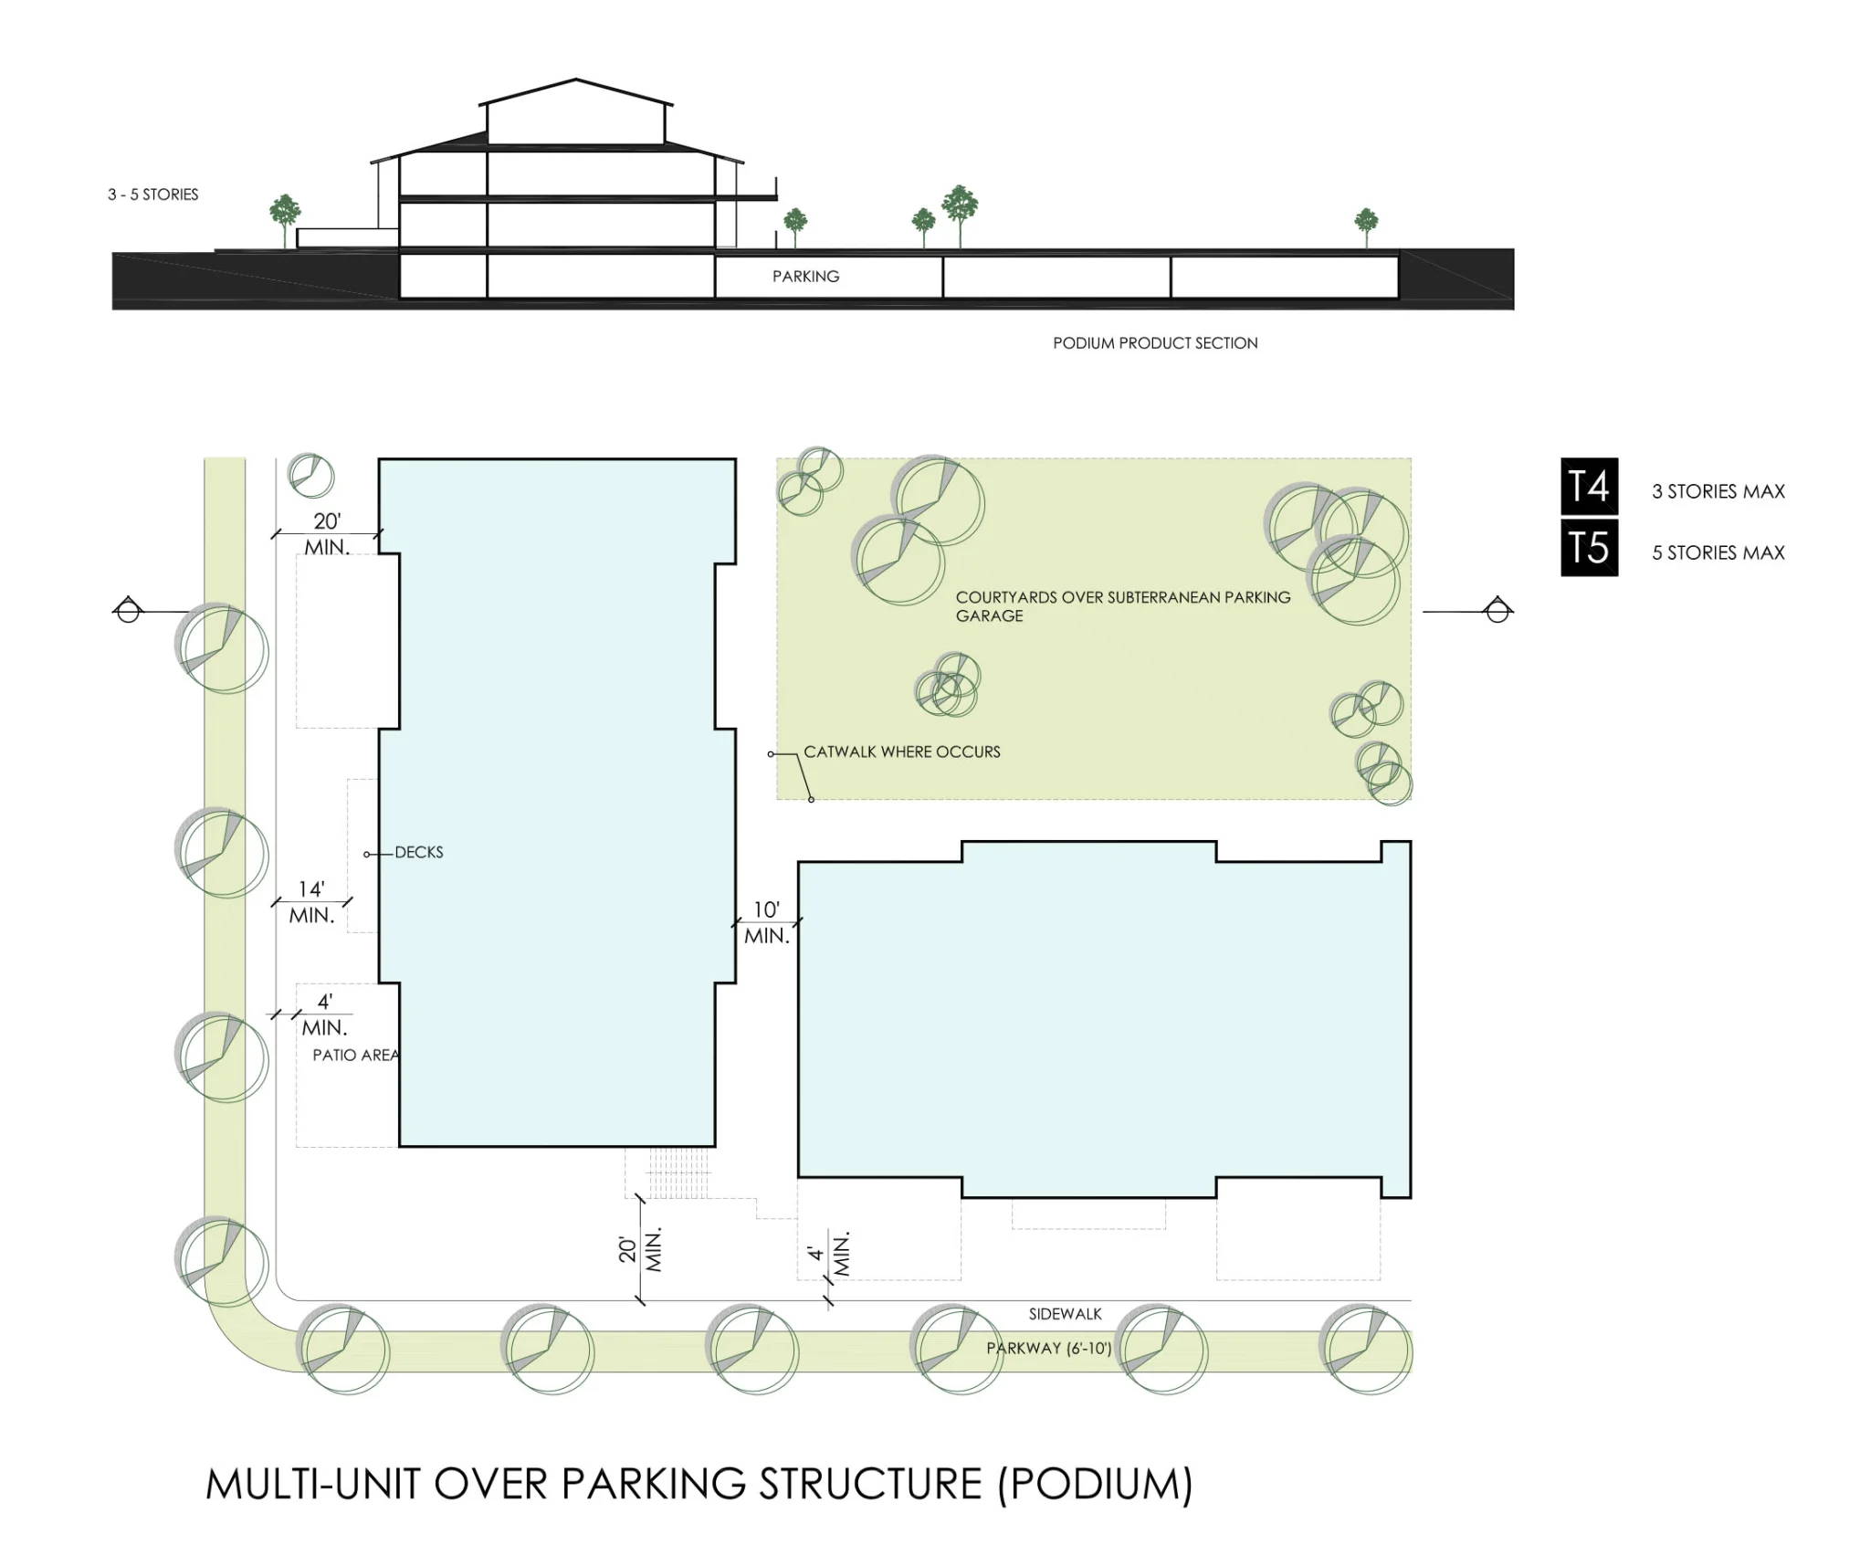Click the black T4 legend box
1589,487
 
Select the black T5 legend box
1589,548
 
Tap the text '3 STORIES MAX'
1718,491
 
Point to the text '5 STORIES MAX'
1718,552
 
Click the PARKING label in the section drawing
805,277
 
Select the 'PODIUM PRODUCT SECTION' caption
1155,343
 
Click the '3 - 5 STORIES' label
152,194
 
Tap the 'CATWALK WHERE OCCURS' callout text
902,752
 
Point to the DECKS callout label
419,852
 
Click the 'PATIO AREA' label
356,1056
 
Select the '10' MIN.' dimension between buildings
766,922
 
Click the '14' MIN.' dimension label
311,902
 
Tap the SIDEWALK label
1065,1314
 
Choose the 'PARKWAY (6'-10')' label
1049,1348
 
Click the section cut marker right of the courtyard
1497,609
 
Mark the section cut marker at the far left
128,609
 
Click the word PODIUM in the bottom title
1096,1485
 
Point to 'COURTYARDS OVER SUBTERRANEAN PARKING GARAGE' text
1123,606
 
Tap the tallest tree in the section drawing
960,215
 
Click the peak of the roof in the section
576,79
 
